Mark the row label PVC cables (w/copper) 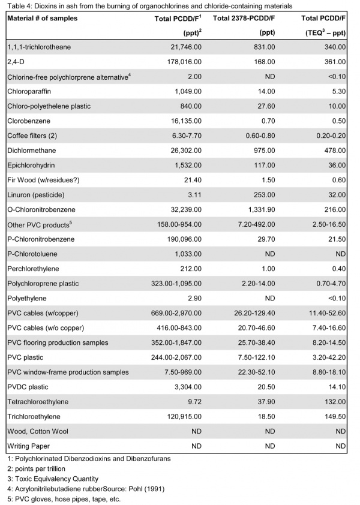click(x=43, y=312)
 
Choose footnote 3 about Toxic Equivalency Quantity click(x=50, y=478)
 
